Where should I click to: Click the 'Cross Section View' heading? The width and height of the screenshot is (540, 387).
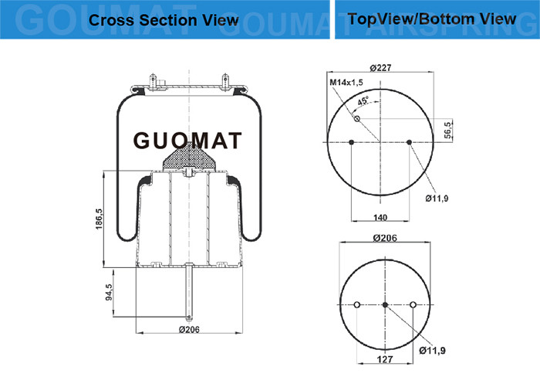coord(164,20)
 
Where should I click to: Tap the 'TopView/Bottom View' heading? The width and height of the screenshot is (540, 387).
coord(432,19)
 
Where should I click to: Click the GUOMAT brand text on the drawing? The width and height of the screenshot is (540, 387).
coord(187,141)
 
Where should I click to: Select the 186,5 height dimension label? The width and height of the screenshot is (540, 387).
coord(100,219)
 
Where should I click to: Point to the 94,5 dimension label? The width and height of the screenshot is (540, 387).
coord(109,292)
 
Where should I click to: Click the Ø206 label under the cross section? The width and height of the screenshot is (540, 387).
coord(189,329)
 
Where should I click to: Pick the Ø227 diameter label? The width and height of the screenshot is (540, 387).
coord(380,68)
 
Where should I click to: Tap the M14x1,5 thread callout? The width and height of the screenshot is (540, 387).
coord(346,82)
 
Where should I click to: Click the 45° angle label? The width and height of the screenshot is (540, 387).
coord(363,101)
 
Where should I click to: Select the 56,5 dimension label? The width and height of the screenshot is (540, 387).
coord(447,130)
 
